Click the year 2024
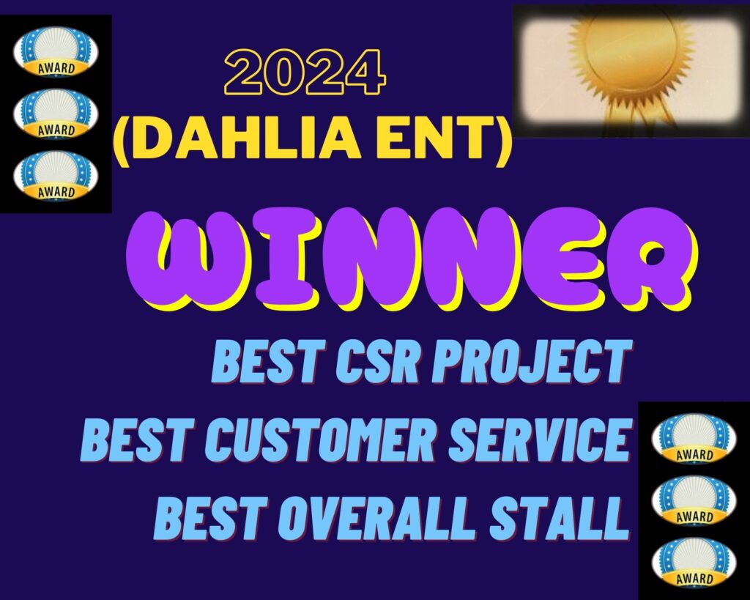point(305,72)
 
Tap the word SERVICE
point(538,439)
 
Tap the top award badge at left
point(56,51)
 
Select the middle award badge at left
point(56,114)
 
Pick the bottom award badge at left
point(56,176)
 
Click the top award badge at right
point(694,438)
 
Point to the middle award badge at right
point(694,500)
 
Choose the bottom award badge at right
point(694,562)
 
